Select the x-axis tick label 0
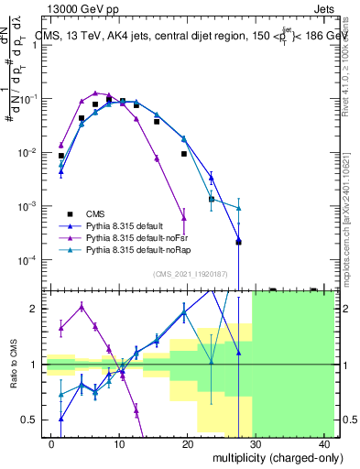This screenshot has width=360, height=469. (53, 443)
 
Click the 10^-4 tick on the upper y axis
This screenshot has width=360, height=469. (28, 260)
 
